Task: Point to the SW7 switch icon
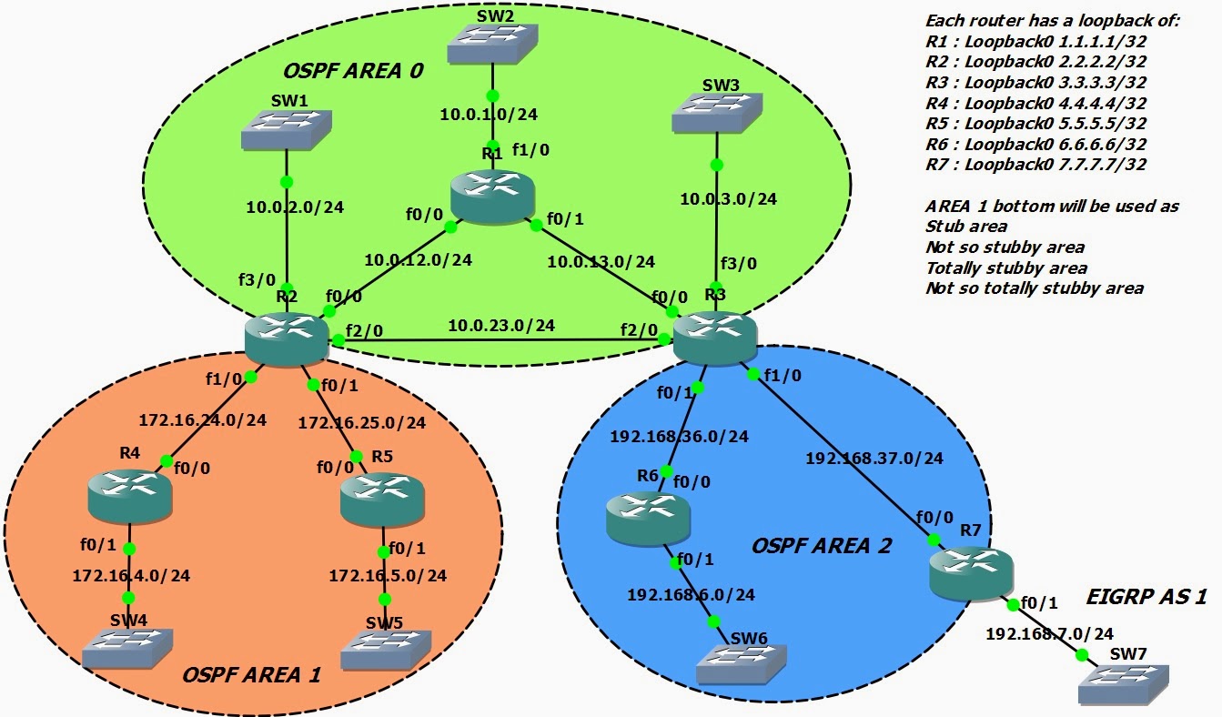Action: click(1124, 683)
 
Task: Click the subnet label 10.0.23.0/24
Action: click(501, 325)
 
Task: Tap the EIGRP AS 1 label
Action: click(1146, 597)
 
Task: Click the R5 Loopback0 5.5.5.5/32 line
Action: click(1035, 123)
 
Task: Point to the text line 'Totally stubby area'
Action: click(1006, 268)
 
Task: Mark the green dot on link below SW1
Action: click(287, 180)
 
